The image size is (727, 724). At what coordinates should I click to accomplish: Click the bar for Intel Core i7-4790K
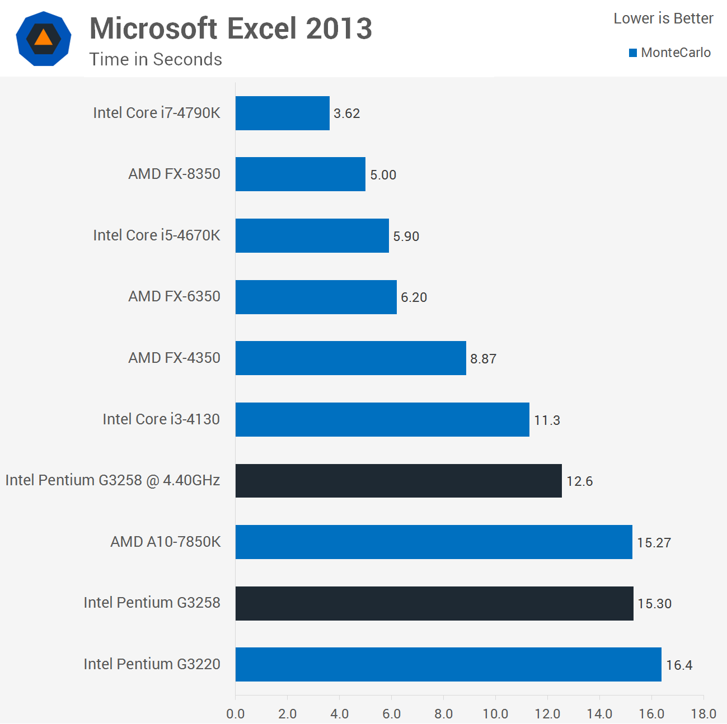coord(282,113)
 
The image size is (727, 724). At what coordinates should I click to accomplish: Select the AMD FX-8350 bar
coord(300,174)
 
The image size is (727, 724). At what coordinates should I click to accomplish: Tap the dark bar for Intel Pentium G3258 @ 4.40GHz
coord(398,480)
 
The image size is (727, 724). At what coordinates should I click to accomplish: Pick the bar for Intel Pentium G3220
coord(448,664)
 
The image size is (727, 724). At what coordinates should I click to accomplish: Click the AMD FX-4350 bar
coord(350,358)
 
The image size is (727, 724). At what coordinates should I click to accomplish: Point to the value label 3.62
coord(346,113)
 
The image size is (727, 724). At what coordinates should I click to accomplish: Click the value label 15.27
coord(654,542)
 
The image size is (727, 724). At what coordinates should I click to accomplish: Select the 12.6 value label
coord(579,481)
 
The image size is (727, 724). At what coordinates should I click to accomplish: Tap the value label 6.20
coord(414,297)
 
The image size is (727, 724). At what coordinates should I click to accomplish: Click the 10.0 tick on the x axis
coord(495,714)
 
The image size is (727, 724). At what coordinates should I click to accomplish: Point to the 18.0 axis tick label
coord(703,714)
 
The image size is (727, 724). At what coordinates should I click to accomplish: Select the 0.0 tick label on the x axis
coord(236,714)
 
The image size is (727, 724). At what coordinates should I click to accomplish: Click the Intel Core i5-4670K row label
coord(157,235)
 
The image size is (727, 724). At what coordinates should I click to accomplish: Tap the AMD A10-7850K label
coord(166,542)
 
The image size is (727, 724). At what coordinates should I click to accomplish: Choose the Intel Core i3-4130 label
coord(161,419)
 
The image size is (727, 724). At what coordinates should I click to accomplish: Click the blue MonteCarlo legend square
coord(633,53)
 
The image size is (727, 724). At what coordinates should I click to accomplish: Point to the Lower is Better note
coord(663,18)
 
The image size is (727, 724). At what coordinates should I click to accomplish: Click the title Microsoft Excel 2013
coord(231,29)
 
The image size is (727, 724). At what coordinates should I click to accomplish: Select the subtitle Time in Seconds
coord(156,59)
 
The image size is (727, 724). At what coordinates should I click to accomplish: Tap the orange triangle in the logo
coord(43,38)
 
